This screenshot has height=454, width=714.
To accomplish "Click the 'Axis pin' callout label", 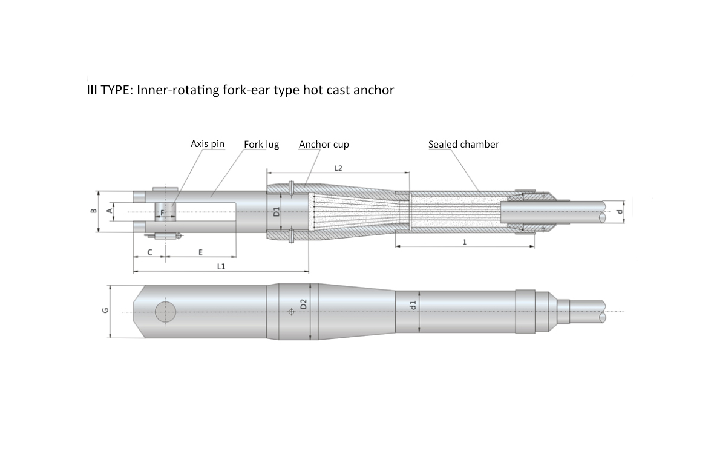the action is coord(207,144).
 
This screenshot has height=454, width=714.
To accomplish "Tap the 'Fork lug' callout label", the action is coord(261,144).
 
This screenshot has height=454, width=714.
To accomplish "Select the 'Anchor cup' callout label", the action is coord(324,144).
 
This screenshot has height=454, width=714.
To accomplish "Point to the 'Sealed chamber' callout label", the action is coord(463,144).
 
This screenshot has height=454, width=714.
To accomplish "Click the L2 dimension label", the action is coord(338,168).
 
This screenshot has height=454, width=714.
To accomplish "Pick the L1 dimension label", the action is coord(221,266).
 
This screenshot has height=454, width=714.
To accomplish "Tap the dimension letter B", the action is coord(93,211).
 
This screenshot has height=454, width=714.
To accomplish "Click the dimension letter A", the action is coord(110,211).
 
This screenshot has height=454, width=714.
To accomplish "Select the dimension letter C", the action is coord(150,252).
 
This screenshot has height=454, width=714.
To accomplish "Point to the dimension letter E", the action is coord(200,252).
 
